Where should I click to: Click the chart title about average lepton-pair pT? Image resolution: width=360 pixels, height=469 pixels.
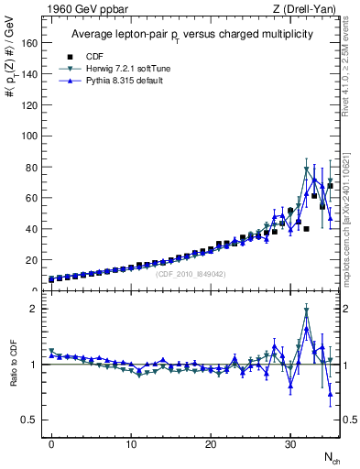pos(191,34)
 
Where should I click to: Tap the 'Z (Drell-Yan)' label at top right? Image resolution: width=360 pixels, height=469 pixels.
pos(303,10)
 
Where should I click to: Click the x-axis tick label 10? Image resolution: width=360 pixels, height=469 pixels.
pos(131,442)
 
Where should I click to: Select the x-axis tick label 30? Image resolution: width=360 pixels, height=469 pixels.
pos(290,442)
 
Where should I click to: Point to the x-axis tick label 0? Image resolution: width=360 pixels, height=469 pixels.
pos(51,442)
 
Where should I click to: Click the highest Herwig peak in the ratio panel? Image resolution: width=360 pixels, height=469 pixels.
pos(306,311)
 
